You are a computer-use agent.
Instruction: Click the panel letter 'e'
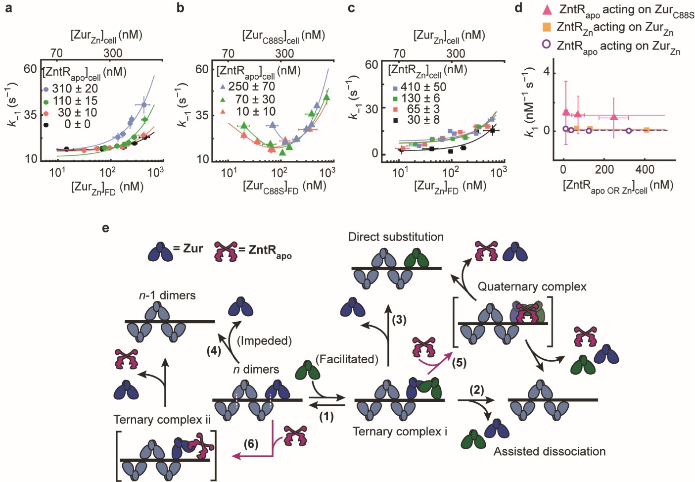[105, 229]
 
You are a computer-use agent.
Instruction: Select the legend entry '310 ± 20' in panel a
[75, 89]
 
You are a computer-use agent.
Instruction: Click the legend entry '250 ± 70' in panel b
[251, 87]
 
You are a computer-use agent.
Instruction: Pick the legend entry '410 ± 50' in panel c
[423, 87]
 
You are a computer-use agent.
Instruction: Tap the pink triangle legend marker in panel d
[547, 9]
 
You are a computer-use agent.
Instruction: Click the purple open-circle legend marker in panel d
[546, 45]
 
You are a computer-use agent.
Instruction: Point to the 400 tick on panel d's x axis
[645, 170]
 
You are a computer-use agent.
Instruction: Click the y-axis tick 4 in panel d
[546, 72]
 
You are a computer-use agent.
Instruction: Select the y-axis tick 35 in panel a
[30, 115]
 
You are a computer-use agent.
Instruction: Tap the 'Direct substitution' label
[396, 237]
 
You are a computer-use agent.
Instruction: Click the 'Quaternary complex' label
[532, 287]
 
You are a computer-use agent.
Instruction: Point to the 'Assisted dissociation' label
[549, 451]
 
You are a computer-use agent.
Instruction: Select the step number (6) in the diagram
[251, 444]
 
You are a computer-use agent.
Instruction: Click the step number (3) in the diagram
[399, 320]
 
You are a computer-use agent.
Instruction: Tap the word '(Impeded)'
[264, 341]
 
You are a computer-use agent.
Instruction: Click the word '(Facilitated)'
[347, 359]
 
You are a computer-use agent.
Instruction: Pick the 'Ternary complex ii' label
[162, 420]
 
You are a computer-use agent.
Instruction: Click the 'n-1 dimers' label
[167, 295]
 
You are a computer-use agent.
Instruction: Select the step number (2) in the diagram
[477, 390]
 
